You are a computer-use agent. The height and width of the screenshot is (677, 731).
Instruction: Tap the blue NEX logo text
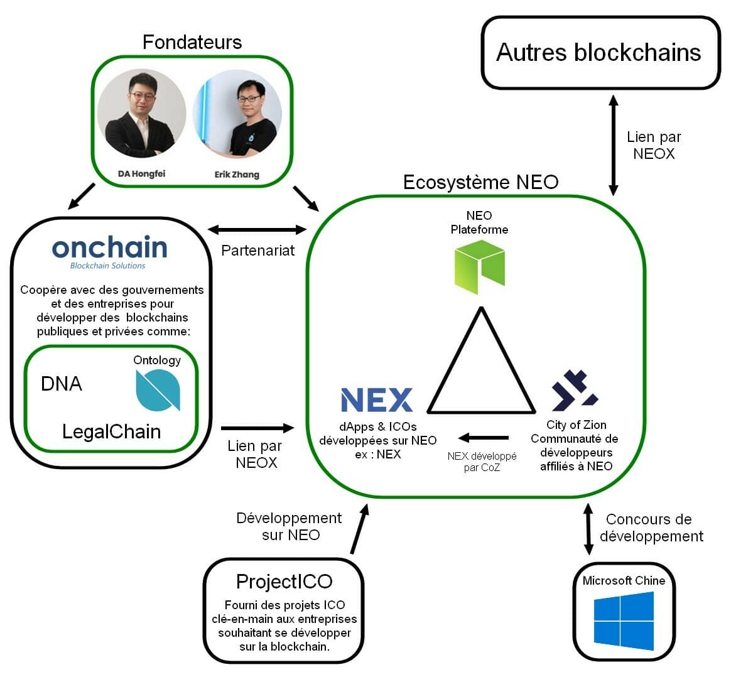tap(377, 400)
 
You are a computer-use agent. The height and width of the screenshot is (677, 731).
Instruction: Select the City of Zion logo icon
tap(575, 390)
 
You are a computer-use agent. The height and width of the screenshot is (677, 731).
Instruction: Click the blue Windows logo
tap(624, 621)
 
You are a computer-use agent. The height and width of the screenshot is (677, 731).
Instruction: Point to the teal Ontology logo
tap(158, 390)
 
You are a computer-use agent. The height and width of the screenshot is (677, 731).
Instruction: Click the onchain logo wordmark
tap(109, 249)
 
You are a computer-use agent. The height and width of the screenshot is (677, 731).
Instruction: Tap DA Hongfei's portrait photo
tap(141, 114)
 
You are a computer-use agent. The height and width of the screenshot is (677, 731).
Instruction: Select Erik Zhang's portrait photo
tap(237, 114)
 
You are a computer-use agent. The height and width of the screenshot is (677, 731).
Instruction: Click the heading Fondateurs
tap(192, 42)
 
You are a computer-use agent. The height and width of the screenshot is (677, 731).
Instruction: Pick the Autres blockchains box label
tap(598, 52)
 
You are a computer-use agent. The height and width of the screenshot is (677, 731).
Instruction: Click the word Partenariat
tap(257, 251)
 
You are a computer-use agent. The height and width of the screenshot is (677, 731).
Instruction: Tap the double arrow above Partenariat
tap(257, 230)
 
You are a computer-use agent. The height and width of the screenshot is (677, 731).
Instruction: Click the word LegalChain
tap(111, 431)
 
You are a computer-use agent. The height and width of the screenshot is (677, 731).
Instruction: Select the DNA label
tap(61, 384)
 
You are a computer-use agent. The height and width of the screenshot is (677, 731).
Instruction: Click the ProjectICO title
tap(284, 581)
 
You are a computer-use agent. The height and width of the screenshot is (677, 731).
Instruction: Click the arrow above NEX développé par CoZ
tap(483, 438)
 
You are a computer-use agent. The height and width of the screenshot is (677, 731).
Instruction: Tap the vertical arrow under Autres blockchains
tap(614, 145)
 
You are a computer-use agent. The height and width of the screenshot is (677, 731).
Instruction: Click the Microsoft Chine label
tap(624, 580)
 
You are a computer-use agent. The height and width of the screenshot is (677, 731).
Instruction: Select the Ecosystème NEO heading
tap(480, 182)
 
